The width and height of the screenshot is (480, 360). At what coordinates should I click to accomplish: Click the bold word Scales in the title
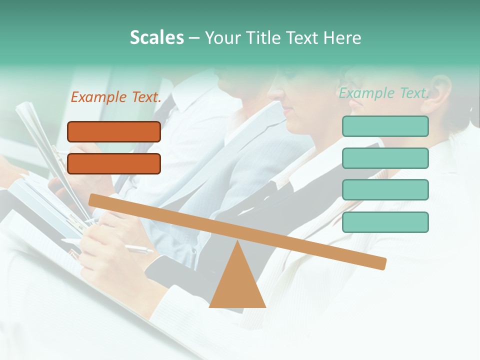(156, 37)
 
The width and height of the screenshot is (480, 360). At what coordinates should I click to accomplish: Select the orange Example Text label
(116, 97)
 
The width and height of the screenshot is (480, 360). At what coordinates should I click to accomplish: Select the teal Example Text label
(384, 93)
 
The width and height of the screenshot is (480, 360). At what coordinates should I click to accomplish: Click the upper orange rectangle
(114, 131)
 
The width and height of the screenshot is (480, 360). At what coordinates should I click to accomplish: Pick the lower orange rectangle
(114, 163)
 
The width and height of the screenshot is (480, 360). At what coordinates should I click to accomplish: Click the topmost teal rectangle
(385, 126)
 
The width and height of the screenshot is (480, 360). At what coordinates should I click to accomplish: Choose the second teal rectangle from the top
(385, 158)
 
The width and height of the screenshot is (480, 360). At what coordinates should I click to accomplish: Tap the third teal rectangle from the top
(385, 189)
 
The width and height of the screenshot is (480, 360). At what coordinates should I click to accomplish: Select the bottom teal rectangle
(385, 222)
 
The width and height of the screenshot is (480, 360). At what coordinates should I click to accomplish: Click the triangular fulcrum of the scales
(237, 285)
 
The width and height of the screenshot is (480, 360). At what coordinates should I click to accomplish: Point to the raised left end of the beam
(93, 199)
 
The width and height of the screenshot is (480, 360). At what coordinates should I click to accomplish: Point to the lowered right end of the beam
(382, 263)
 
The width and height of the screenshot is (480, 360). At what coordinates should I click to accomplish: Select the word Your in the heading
(222, 38)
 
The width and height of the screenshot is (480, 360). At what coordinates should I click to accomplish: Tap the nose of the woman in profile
(272, 92)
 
